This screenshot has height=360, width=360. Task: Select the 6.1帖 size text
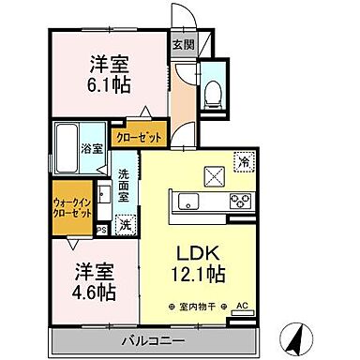point(109,82)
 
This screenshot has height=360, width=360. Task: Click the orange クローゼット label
point(138,137)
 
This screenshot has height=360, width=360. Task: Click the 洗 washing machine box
point(125,226)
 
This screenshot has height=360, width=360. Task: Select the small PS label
point(102,228)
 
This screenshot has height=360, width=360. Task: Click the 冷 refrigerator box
point(243,161)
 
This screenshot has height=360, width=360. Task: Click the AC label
point(242,306)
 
